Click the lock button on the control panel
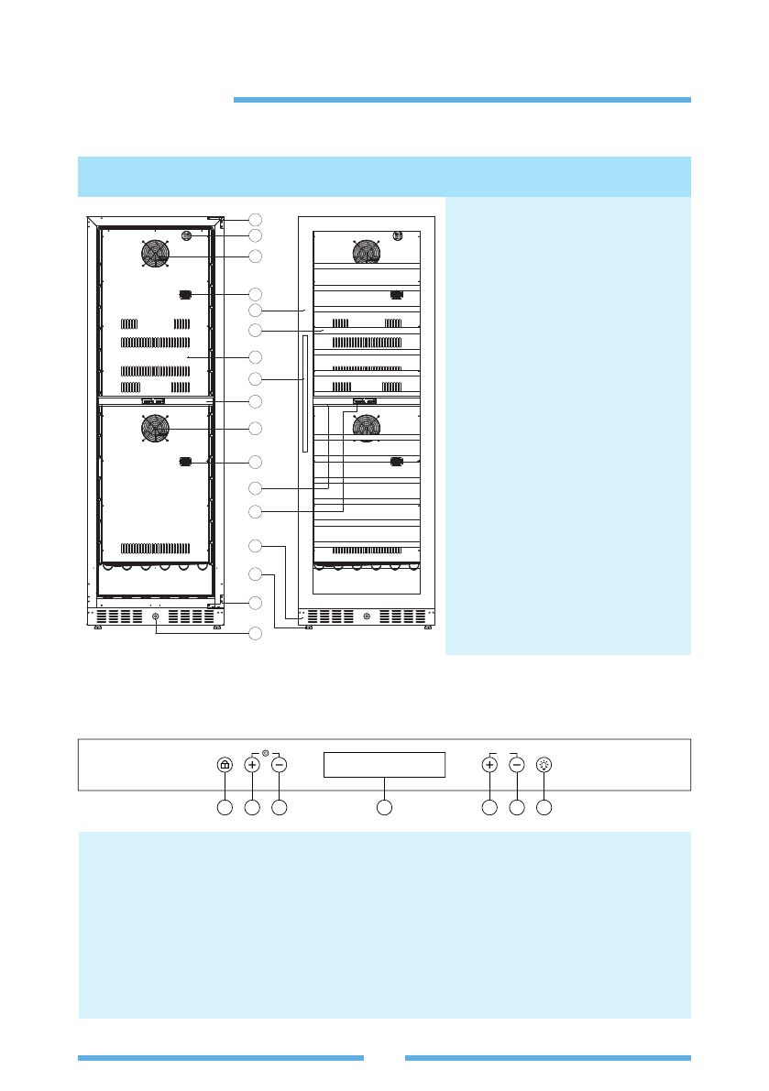click(x=225, y=765)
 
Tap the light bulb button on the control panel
click(x=544, y=765)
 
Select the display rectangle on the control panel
click(x=384, y=765)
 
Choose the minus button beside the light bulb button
click(x=517, y=765)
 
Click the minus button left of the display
click(x=280, y=765)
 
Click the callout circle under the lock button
click(x=225, y=807)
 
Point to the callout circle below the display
click(x=385, y=807)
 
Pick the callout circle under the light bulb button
click(x=544, y=807)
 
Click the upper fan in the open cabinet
click(x=156, y=254)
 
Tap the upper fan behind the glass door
click(x=367, y=251)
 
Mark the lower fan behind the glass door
click(x=367, y=427)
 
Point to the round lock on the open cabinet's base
click(x=156, y=616)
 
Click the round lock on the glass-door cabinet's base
click(x=367, y=616)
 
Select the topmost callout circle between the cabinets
click(x=256, y=219)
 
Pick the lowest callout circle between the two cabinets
click(x=256, y=632)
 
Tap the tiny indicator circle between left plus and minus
click(x=266, y=754)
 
